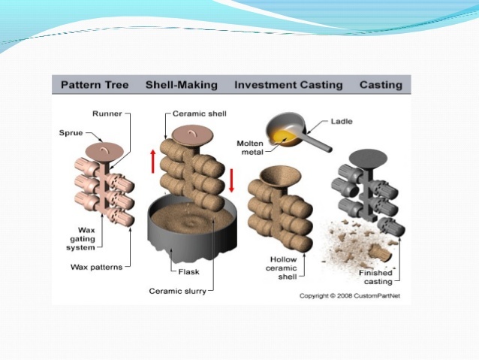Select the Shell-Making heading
[181, 85]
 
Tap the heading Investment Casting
[288, 85]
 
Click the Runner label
[108, 114]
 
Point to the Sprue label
[71, 133]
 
